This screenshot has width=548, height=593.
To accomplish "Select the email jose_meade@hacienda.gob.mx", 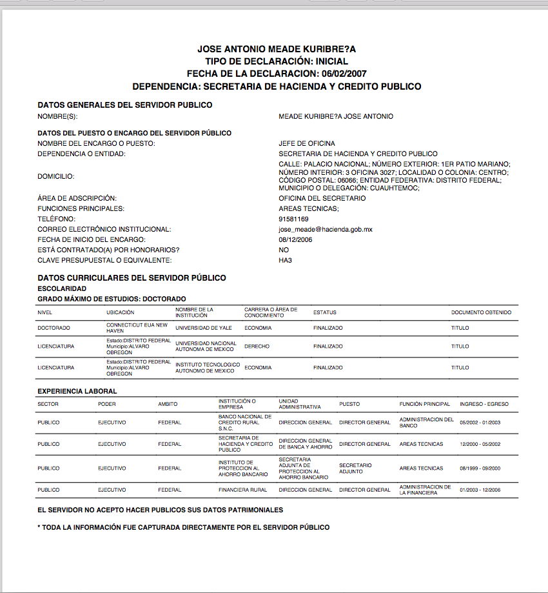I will click(325, 229).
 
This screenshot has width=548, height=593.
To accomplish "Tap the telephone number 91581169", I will click(293, 219).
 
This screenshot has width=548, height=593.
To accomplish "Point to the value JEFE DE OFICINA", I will click(307, 143).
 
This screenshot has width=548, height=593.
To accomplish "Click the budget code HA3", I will click(286, 260).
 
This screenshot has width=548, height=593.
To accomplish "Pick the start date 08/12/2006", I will click(296, 239).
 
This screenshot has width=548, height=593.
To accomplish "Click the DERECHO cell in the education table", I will click(257, 347).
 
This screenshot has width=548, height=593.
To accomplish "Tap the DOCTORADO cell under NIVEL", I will click(54, 328).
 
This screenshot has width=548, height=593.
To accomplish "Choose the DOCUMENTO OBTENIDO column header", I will click(481, 312).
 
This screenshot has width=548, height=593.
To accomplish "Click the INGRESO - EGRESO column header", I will click(484, 404).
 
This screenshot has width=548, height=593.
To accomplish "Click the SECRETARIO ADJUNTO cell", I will click(355, 468).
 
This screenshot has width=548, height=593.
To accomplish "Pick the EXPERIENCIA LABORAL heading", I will click(77, 391).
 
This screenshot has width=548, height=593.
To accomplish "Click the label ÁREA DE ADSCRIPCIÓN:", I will click(77, 198).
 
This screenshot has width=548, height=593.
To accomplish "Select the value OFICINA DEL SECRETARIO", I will click(322, 198).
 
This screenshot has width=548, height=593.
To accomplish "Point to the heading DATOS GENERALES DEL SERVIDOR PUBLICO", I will click(125, 105).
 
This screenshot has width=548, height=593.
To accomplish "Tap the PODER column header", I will click(107, 404).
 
